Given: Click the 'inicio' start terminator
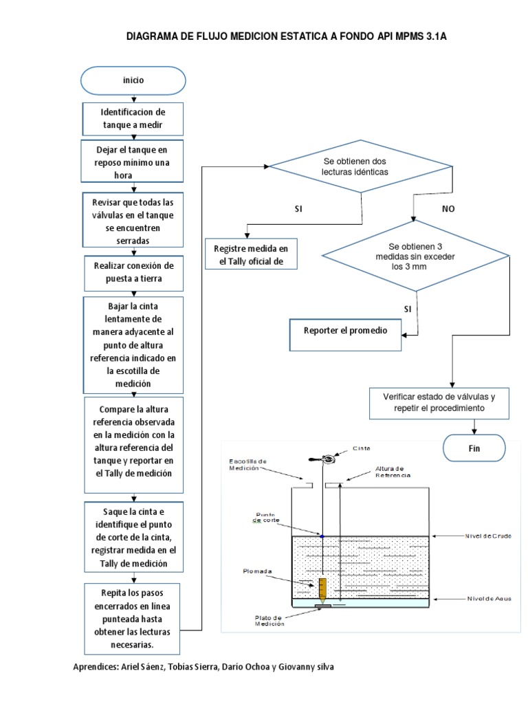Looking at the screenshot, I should tap(133, 80).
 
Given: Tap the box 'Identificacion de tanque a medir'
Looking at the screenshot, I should tap(133, 118).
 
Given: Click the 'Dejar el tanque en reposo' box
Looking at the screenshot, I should tap(133, 162).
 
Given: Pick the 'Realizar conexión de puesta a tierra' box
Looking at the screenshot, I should tap(133, 272).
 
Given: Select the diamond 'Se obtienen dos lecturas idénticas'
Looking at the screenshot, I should tap(360, 166).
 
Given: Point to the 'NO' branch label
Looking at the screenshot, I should tap(448, 208).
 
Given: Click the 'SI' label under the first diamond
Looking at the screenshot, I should tap(298, 208).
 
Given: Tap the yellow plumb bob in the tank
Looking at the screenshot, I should tap(322, 588).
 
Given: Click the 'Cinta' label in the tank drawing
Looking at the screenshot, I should tap(362, 448).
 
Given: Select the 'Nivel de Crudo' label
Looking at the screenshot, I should tap(488, 535).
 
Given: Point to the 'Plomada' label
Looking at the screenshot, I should tap(258, 570).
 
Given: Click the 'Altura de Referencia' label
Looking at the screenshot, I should tap(393, 472).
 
